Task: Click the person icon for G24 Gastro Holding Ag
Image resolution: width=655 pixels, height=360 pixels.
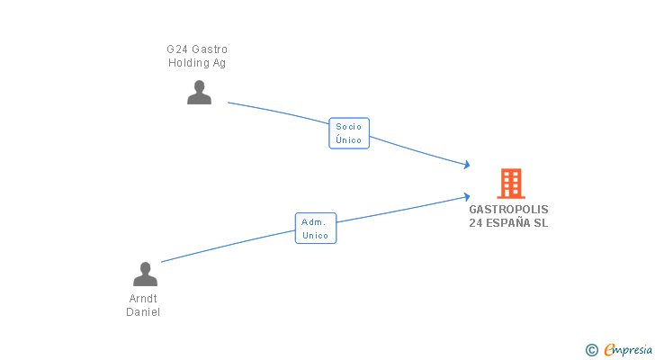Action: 199,93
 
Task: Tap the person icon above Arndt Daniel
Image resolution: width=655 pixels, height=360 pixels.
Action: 145,274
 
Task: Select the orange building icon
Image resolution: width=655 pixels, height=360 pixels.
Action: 510,184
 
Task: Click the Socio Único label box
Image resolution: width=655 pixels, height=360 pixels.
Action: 349,133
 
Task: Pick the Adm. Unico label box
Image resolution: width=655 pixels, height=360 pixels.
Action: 316,229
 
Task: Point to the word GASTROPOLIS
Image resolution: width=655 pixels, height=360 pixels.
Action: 508,209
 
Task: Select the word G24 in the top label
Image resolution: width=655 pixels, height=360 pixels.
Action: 176,49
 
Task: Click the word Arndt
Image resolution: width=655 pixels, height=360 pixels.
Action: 144,298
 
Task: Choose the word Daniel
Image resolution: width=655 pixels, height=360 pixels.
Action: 144,312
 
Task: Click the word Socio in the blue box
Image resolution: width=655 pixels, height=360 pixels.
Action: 349,127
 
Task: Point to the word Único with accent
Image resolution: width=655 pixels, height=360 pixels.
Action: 349,140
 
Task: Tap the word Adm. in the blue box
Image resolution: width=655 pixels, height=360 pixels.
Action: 314,222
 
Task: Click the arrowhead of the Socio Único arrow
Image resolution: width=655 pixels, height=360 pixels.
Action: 466,165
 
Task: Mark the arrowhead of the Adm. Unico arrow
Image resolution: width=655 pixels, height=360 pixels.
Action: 466,195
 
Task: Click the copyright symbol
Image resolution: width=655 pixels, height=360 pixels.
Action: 591,350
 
